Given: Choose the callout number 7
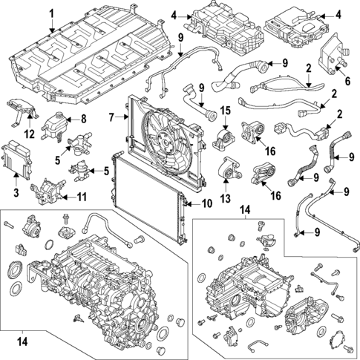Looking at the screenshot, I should [x=111, y=117].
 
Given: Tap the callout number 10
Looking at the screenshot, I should [x=206, y=203].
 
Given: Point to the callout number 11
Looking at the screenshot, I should [x=82, y=197].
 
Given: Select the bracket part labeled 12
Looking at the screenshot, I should [x=22, y=108].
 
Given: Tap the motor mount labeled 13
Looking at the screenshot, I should [x=228, y=174].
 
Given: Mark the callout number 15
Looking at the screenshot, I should [x=225, y=112].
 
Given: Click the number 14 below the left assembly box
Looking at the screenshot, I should [x=23, y=343].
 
